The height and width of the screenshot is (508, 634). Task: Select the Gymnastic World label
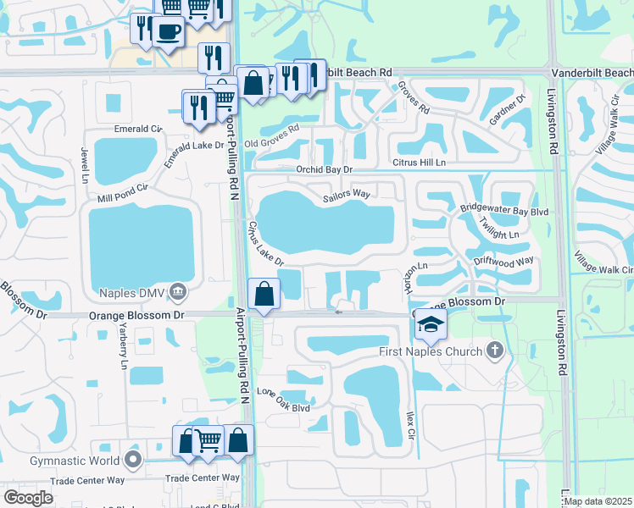click(x=75, y=461)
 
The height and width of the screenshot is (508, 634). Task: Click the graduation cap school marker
click(x=431, y=325)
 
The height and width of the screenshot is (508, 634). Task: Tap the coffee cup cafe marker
click(x=169, y=32)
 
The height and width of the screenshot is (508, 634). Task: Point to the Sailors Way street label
click(x=347, y=195)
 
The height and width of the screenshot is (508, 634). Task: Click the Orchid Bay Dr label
click(x=324, y=169)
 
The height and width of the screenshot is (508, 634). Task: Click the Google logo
click(x=28, y=498)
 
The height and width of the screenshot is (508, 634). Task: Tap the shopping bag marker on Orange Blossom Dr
click(x=264, y=295)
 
